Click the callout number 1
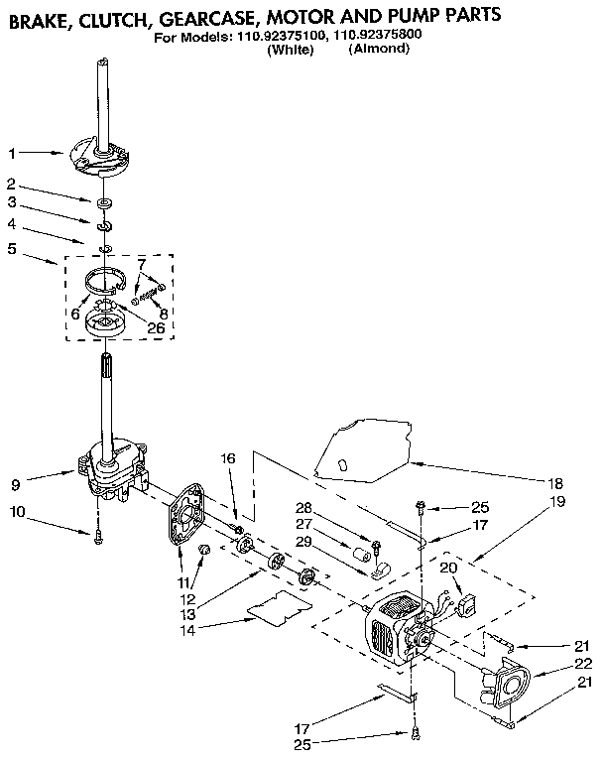[x=12, y=154]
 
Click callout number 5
[x=12, y=250]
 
